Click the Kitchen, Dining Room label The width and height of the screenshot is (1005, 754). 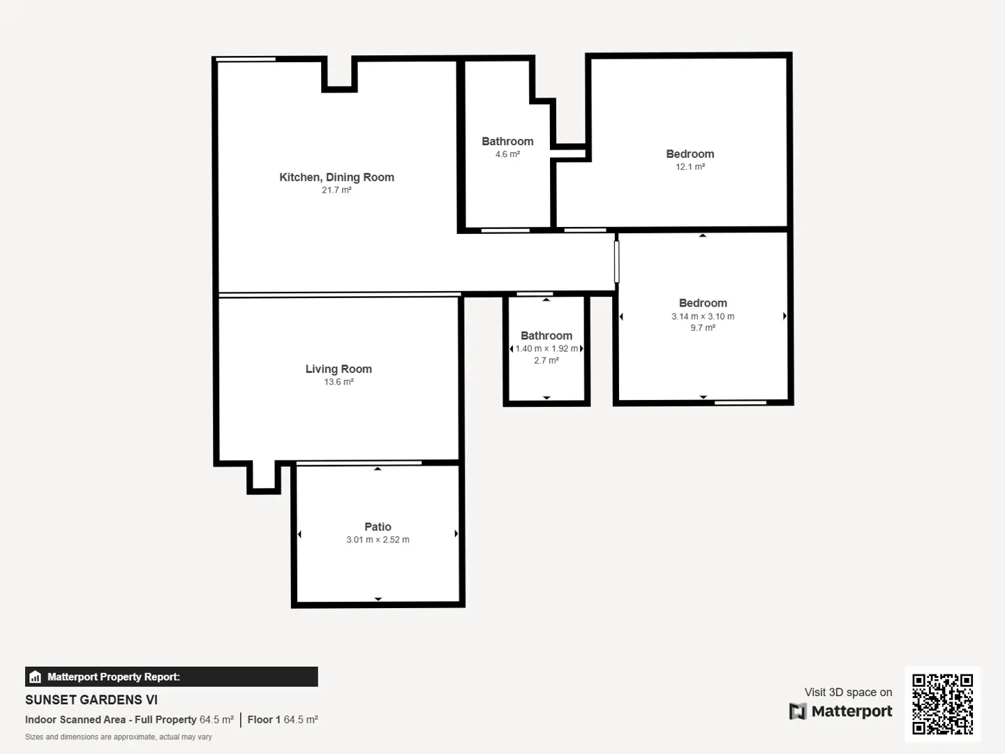[x=336, y=177]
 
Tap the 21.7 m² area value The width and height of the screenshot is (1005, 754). [x=336, y=190]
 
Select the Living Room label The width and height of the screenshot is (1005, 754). [x=338, y=369]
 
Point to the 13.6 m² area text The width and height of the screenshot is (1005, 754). [x=338, y=382]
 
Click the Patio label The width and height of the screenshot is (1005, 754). [x=378, y=527]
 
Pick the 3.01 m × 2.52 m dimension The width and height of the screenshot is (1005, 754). [x=378, y=540]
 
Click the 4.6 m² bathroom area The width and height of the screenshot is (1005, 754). [x=507, y=154]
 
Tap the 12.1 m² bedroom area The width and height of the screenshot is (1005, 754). [x=690, y=167]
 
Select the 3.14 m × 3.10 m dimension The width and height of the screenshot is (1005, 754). [x=703, y=316]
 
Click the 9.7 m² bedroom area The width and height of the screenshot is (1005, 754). [x=703, y=328]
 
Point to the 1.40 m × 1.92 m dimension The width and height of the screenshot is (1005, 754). [x=546, y=349]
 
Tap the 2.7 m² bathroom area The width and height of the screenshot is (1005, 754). [x=546, y=361]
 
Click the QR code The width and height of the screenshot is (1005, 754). [x=942, y=704]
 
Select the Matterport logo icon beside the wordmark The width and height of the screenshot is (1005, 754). [x=798, y=711]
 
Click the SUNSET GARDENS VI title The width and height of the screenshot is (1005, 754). [x=91, y=700]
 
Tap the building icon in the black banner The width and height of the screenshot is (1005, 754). [x=36, y=677]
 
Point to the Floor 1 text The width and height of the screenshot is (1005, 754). [x=264, y=720]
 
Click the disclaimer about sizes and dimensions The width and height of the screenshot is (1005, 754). [x=119, y=737]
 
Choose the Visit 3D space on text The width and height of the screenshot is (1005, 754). [x=848, y=692]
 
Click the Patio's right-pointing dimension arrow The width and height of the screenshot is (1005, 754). [x=456, y=533]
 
